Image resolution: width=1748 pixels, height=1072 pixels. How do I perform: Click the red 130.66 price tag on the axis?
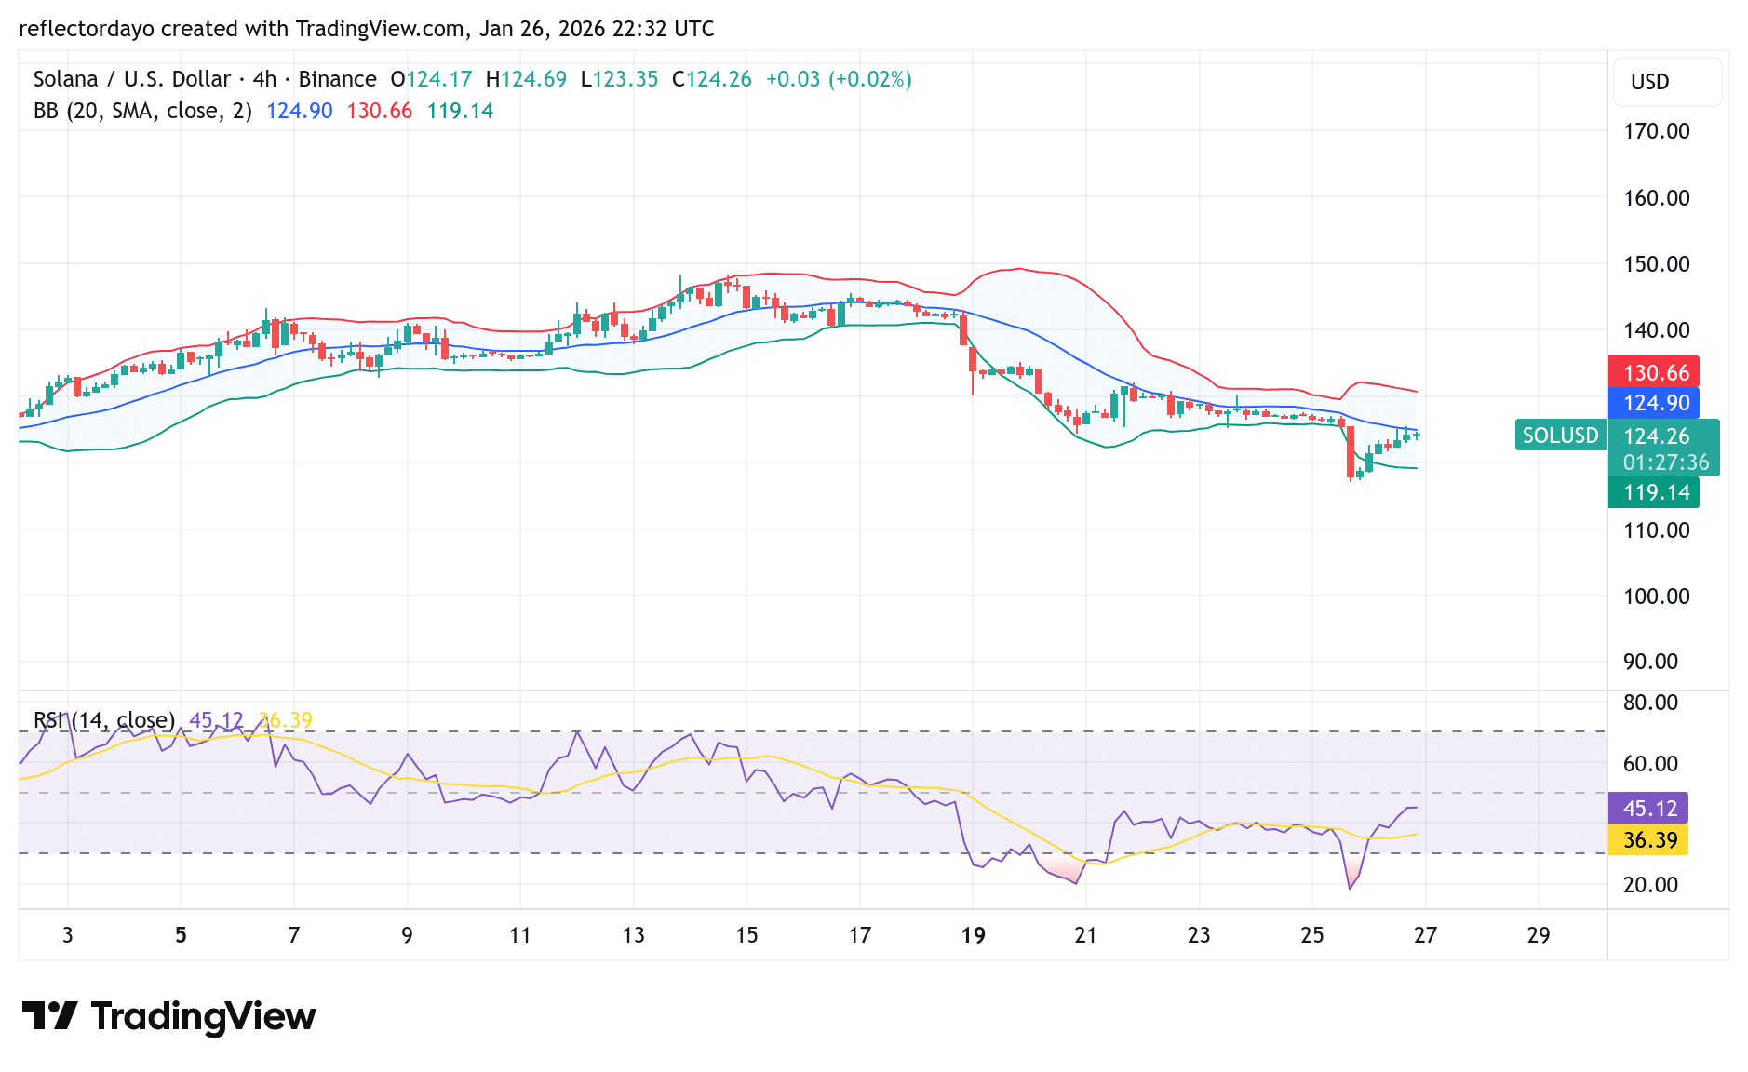point(1654,372)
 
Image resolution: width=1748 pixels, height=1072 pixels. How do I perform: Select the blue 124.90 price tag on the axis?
point(1654,403)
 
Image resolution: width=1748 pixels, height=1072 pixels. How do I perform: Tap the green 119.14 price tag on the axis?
point(1654,492)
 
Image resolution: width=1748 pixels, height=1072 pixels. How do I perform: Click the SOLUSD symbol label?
point(1560,435)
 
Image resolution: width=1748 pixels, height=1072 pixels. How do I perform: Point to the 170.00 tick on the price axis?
point(1656,131)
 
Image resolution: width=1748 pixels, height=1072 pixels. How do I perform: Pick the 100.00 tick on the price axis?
point(1656,596)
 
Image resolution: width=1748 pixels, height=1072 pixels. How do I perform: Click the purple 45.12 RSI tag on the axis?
point(1649,809)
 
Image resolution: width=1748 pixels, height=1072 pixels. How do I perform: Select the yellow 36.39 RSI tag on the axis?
point(1649,840)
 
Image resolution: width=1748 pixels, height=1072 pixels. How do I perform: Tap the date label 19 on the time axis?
point(973,935)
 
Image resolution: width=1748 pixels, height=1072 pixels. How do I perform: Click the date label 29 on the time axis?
point(1539,935)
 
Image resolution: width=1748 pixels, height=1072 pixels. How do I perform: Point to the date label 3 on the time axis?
point(68,935)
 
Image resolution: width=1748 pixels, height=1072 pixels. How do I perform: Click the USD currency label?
point(1649,82)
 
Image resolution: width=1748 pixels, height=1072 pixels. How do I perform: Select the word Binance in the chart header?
point(337,79)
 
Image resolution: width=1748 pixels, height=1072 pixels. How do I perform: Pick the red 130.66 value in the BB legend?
point(379,111)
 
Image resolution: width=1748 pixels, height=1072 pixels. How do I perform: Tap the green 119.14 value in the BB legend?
point(460,111)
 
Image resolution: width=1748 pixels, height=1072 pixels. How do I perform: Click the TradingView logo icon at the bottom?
point(49,1015)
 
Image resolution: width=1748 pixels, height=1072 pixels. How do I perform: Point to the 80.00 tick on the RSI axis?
point(1650,703)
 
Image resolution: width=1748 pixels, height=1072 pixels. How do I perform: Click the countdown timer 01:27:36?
point(1665,462)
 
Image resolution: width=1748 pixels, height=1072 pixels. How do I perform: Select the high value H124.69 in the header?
point(526,79)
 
